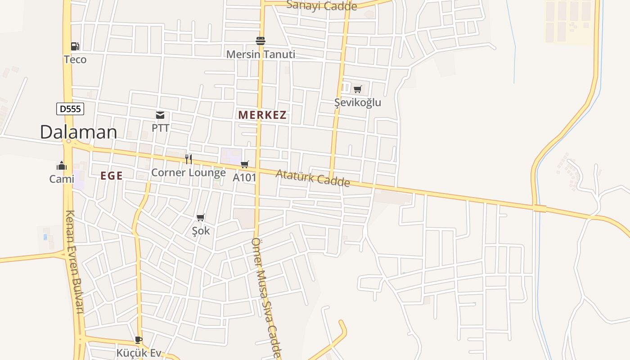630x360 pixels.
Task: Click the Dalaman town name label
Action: (78, 132)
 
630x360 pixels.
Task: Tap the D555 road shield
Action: (70, 108)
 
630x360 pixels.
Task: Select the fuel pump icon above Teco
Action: (75, 46)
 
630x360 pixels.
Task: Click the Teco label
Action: (75, 59)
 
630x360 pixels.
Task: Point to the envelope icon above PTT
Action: (160, 115)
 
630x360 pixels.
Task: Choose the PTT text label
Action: (160, 128)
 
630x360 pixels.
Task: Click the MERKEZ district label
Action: (262, 115)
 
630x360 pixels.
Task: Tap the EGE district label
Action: (112, 176)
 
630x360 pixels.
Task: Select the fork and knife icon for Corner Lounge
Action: (189, 159)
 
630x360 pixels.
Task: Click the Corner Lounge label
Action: (189, 172)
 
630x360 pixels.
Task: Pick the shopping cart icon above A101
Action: (244, 165)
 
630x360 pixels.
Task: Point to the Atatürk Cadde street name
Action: (313, 178)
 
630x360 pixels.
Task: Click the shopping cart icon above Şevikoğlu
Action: (357, 90)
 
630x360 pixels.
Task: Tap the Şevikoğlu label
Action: (358, 103)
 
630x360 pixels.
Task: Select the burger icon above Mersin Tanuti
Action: (261, 41)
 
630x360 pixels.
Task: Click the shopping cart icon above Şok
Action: (201, 218)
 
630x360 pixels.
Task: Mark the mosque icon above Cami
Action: (62, 166)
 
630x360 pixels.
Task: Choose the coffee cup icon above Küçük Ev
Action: (139, 340)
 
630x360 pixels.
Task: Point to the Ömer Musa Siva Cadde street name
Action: (266, 297)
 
